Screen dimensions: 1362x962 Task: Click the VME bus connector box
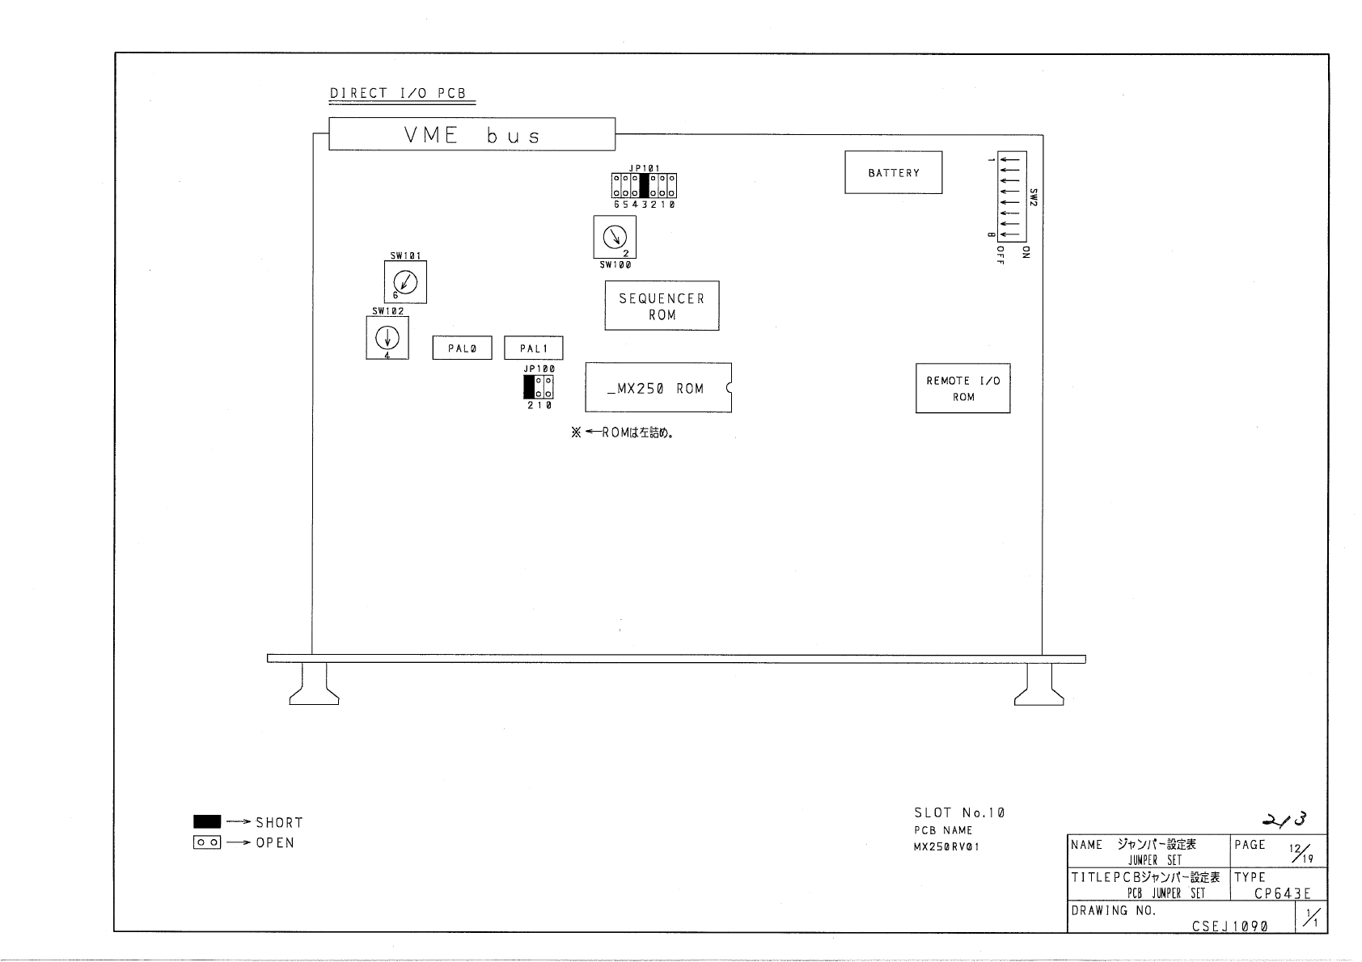coord(472,133)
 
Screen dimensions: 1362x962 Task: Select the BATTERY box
coord(893,172)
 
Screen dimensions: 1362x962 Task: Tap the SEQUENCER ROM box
coord(662,306)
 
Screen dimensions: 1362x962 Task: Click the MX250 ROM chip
coord(658,388)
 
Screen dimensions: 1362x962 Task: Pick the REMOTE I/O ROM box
coord(963,388)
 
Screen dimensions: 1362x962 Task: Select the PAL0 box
coord(462,348)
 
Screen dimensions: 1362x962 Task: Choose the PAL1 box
coord(533,348)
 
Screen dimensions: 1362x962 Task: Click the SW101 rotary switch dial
coord(405,282)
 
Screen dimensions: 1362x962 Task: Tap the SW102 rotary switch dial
coord(387,337)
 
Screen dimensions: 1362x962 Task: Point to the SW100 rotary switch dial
coord(615,236)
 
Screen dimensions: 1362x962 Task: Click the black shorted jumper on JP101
coord(644,185)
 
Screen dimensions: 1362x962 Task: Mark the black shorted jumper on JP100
coord(529,387)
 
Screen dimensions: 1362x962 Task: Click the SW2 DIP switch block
coord(1012,196)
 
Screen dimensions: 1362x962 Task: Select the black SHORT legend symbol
coord(207,821)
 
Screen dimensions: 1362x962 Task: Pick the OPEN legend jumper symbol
coord(207,842)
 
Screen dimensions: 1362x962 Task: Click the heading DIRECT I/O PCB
coord(398,93)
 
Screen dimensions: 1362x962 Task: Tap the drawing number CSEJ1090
coord(1229,926)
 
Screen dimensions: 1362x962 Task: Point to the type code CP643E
coord(1283,893)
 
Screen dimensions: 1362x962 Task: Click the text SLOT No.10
coord(959,812)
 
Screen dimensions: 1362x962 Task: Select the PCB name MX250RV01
coord(946,846)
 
